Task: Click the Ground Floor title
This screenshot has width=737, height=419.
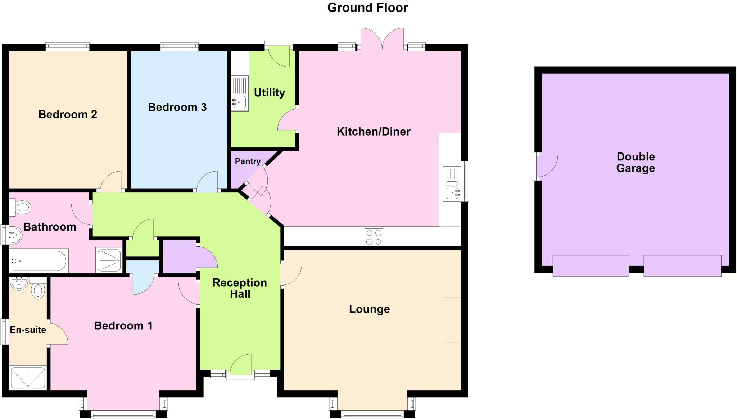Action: coord(367,8)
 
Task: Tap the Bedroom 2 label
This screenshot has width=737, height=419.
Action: coord(68,114)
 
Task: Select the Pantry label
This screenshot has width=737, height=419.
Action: coord(248,161)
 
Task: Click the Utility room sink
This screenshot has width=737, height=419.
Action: coord(239,102)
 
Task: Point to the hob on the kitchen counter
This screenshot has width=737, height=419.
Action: coord(374,237)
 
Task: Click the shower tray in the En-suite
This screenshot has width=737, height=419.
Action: coord(28,377)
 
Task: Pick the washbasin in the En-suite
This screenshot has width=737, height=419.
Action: coord(19,283)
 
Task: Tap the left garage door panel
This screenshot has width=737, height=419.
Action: coord(591,266)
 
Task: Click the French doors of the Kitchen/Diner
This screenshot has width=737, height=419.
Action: coord(382,39)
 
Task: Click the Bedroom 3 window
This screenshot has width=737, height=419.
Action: coord(179,46)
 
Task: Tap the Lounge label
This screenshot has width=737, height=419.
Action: coord(369,309)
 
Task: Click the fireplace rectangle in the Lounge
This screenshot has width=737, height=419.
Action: coord(452,320)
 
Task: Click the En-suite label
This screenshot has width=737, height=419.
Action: coord(28,330)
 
